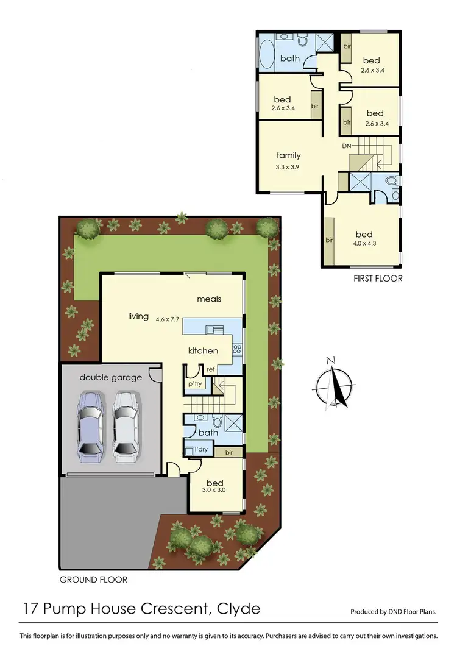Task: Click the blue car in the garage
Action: tap(90, 427)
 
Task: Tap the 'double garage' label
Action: tap(110, 377)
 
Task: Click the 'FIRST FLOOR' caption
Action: tap(378, 279)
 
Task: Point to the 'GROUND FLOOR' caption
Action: tap(93, 580)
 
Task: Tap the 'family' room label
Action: tap(289, 155)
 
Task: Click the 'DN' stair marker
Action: tap(346, 146)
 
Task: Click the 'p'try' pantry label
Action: tap(195, 384)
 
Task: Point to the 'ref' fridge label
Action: tap(211, 369)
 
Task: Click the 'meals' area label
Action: tap(208, 299)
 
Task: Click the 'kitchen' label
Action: tap(203, 350)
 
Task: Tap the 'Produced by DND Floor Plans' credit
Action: tap(394, 611)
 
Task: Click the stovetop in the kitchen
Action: tap(236, 350)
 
